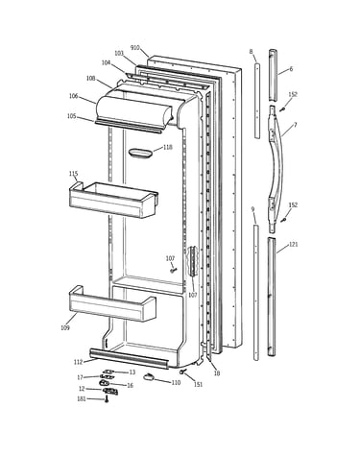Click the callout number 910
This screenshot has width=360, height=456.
tap(135, 48)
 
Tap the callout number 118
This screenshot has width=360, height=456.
tap(168, 147)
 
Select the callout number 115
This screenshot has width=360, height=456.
tap(73, 174)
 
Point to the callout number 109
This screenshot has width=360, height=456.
tap(65, 327)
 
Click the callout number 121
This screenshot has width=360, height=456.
tap(294, 245)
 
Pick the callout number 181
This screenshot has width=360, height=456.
tap(82, 398)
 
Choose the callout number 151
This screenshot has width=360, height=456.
tap(199, 384)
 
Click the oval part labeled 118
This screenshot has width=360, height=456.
tap(140, 153)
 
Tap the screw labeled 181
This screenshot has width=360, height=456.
tap(107, 399)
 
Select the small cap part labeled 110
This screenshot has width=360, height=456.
tap(148, 377)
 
